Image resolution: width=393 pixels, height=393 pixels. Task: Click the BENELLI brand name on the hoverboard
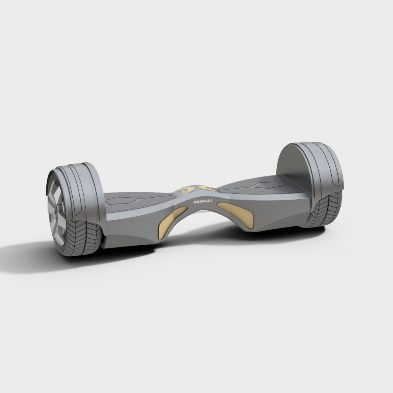click(x=202, y=201)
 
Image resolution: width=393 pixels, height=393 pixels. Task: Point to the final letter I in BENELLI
click(x=211, y=200)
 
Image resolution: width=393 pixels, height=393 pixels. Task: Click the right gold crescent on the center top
click(x=206, y=188)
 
